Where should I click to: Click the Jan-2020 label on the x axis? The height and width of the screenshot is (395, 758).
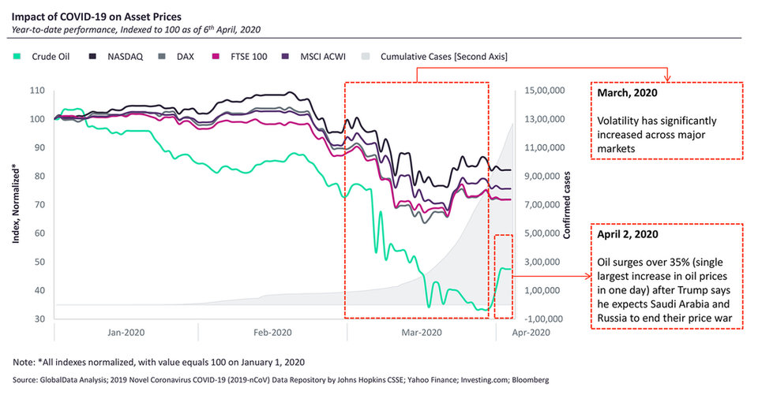125,334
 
